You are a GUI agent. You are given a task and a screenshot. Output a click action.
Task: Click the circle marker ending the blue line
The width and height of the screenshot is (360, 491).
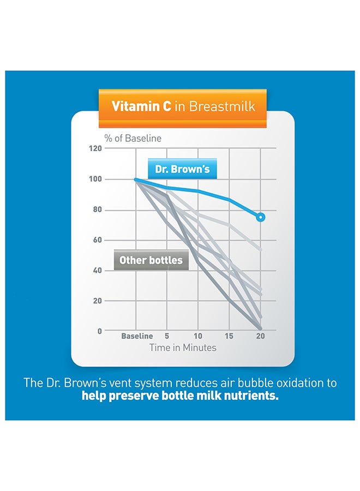261,217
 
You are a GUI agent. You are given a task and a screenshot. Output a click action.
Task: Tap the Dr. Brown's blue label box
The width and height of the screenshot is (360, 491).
182,169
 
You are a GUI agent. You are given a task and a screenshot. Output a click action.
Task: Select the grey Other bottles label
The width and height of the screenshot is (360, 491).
151,260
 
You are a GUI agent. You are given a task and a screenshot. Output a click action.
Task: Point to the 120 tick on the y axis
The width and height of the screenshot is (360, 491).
95,148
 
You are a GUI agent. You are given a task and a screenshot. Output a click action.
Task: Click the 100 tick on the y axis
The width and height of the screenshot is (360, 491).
95,179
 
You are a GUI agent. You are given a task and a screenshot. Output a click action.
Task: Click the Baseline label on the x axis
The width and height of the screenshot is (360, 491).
137,336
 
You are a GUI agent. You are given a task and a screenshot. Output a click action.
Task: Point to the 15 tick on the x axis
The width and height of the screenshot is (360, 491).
230,336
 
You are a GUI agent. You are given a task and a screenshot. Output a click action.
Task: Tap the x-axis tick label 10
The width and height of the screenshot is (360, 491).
199,336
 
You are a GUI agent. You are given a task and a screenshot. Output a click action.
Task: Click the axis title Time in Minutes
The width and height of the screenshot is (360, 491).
183,348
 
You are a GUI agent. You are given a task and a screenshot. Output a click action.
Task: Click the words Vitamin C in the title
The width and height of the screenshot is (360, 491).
141,106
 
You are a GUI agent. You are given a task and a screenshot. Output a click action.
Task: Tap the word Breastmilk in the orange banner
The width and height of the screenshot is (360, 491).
222,106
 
